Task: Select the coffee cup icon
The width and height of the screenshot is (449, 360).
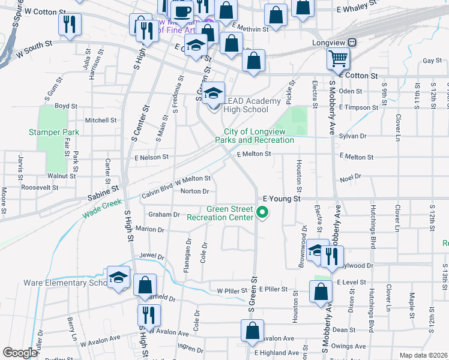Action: (x=182, y=11)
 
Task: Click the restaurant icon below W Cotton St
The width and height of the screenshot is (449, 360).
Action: (x=70, y=25)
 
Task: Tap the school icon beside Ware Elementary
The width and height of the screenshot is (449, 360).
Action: (x=118, y=277)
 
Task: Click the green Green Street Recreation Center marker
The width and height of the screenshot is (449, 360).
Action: (x=262, y=212)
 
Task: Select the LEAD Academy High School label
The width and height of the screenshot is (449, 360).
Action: (x=246, y=105)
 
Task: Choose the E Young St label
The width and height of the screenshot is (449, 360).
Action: (x=282, y=197)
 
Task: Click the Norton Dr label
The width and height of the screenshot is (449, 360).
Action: (x=194, y=191)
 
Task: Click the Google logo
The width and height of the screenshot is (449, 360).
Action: (x=19, y=353)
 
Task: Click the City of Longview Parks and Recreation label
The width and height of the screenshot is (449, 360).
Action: (x=259, y=136)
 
